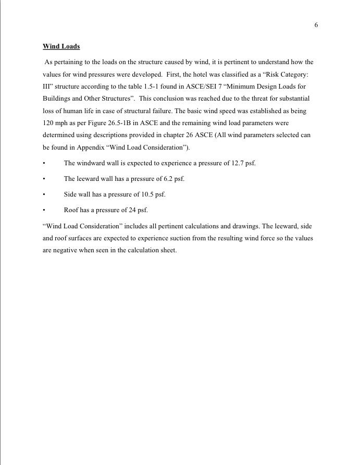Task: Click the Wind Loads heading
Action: pos(61,46)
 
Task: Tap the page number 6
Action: pos(316,25)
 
